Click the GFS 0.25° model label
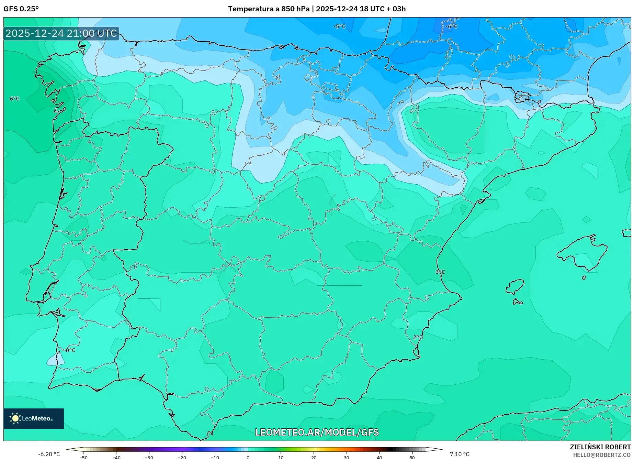coord(21,9)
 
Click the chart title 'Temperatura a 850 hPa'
coord(268,9)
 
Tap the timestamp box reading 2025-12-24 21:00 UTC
coord(61,33)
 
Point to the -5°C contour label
coord(339,26)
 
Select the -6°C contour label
coord(451,26)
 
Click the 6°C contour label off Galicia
coord(14,99)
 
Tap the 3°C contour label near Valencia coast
coord(440,272)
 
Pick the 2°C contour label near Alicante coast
coord(418,337)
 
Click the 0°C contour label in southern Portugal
coord(70,350)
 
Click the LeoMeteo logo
coord(34,418)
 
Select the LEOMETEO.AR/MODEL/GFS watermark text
coord(317,432)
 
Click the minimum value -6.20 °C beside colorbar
coord(49,454)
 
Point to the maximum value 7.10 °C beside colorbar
coord(459,454)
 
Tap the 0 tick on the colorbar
coord(248,458)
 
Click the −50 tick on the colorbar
coord(83,458)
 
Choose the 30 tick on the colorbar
coord(347,458)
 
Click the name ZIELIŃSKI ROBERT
coord(600,447)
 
